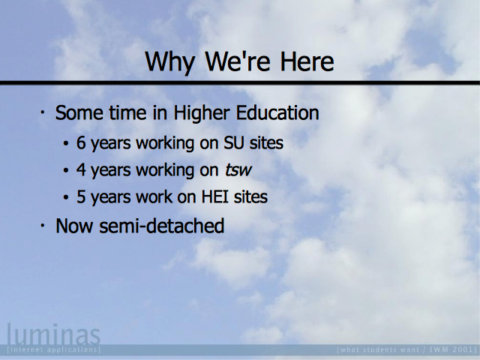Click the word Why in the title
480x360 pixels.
pos(170,62)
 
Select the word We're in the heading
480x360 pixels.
pos(238,61)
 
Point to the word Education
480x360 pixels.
pos(277,112)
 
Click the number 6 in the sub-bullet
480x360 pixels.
pos(81,142)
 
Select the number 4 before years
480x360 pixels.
pos(81,169)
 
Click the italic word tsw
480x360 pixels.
pos(238,170)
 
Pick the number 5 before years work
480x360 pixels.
pos(81,196)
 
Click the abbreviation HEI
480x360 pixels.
pos(214,196)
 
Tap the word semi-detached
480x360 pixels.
pos(162,226)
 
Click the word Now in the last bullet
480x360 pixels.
pos(74,226)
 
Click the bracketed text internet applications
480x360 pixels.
pos(53,349)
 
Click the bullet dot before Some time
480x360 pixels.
pos(43,112)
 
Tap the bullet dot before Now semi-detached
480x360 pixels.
pos(43,226)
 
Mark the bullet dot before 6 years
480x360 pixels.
pos(66,143)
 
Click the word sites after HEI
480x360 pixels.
pos(250,196)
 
